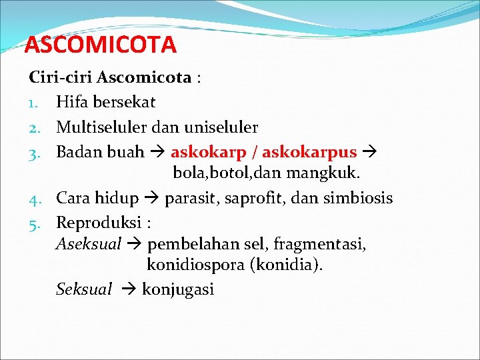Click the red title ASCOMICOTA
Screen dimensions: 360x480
[x=101, y=45]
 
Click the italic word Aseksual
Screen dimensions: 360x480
[x=88, y=244]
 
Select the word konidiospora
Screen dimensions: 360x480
[x=195, y=265]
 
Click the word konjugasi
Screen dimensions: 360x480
[x=178, y=289]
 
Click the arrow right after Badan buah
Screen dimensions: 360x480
[x=157, y=152]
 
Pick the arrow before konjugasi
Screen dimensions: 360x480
[x=129, y=289]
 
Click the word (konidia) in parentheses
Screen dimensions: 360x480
[x=286, y=265]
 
